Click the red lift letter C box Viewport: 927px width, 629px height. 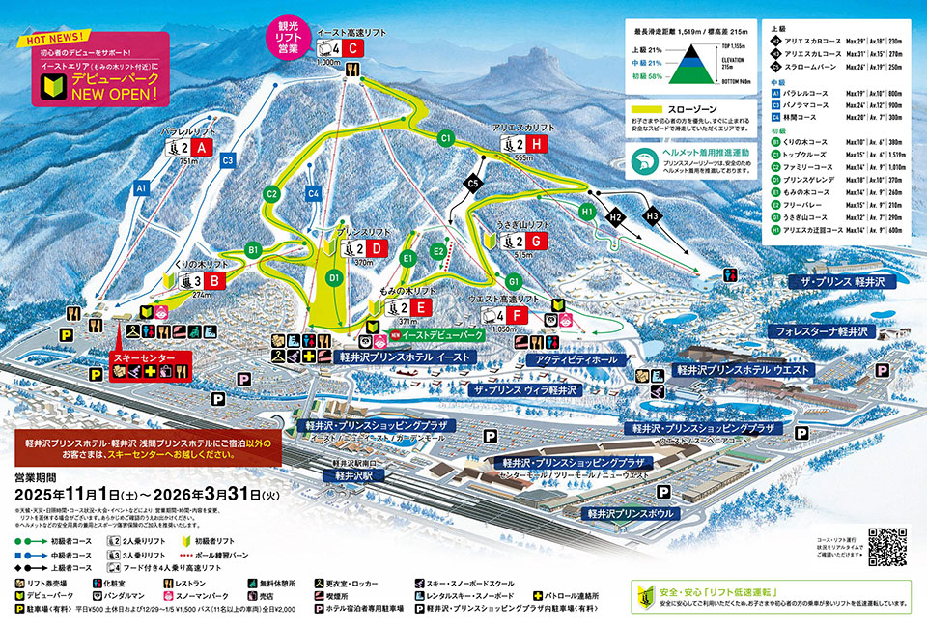coord(353,48)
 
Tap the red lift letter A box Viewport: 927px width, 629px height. coord(201,148)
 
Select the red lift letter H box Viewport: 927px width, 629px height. coord(538,143)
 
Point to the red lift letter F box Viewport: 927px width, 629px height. coord(517,315)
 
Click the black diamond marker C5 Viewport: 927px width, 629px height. coord(473,182)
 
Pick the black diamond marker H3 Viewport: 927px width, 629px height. coord(653,214)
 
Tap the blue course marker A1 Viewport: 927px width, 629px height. coord(141,186)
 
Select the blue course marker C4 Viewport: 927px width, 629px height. coord(313,193)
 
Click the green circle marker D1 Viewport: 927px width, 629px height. coord(334,278)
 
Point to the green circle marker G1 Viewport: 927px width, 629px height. coord(514,281)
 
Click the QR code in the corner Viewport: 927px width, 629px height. coord(887,547)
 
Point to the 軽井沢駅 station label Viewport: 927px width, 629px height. coord(353,476)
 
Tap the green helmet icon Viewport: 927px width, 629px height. coord(643,158)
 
